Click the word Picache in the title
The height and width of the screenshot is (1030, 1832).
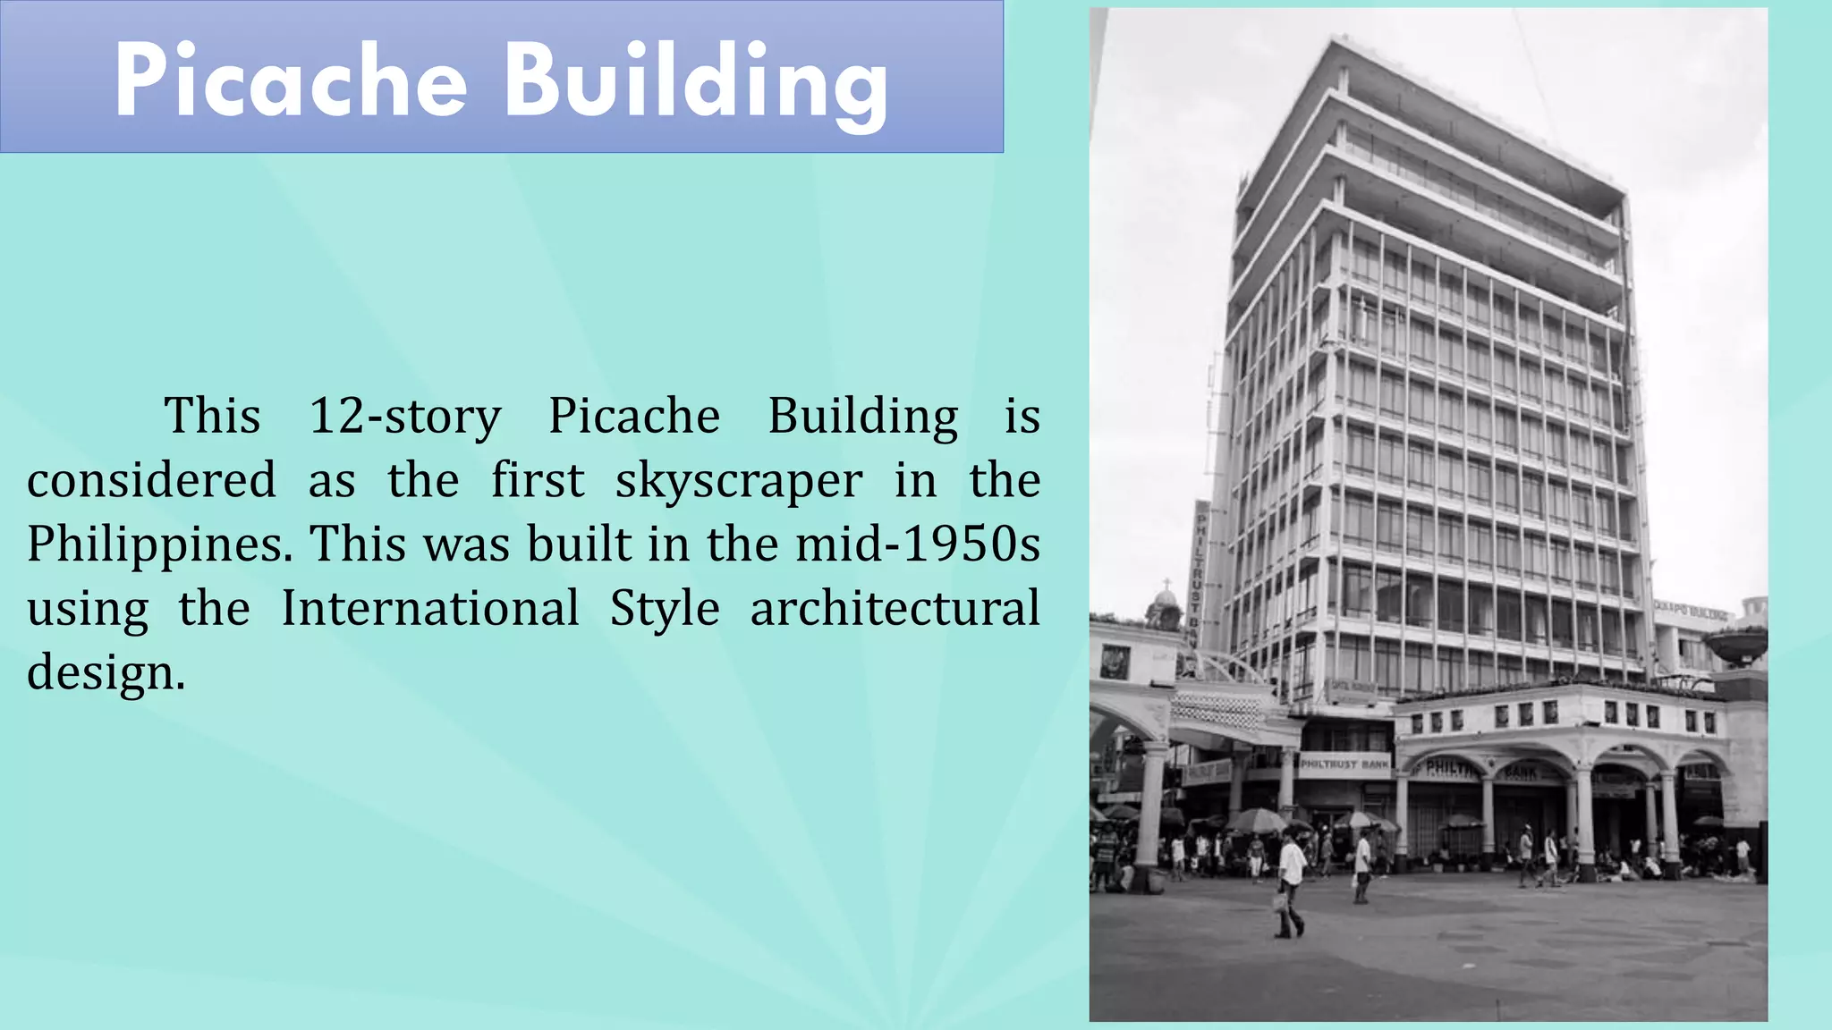291,80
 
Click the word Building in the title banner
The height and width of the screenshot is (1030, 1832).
696,84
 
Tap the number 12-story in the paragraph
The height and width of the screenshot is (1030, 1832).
404,416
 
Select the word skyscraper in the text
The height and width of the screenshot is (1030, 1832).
739,480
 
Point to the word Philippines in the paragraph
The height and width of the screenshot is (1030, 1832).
159,545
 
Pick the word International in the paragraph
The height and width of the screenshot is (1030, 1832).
430,608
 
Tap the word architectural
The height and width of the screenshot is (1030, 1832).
895,608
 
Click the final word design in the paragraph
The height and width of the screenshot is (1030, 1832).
106,672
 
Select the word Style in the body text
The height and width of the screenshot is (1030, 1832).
665,608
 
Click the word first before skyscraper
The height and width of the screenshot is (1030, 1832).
537,480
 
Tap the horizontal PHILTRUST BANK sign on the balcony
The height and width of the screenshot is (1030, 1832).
1344,764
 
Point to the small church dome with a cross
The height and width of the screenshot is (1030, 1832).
1164,608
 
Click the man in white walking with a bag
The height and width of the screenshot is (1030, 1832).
1291,881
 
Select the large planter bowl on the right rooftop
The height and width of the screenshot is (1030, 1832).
1734,644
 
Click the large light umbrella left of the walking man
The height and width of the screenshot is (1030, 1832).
1256,819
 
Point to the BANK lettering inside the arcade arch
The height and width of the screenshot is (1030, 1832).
1521,772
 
